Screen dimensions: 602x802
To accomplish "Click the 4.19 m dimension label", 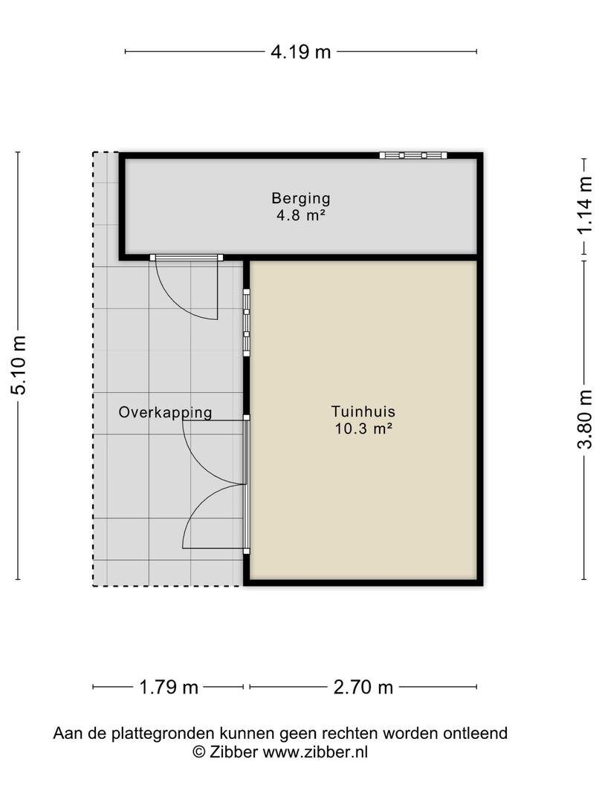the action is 301,52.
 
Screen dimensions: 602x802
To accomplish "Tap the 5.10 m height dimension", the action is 19,365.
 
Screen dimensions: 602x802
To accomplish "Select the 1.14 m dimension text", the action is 585,206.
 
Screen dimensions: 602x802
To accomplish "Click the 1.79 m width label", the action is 169,687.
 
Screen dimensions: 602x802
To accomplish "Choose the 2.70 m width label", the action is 363,687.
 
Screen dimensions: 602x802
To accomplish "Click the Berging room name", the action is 301,198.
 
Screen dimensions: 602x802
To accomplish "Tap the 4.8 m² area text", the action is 301,215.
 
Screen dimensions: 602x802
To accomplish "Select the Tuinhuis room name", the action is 363,411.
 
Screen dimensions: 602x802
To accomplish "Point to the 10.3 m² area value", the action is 363,428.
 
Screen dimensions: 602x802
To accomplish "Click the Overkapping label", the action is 165,412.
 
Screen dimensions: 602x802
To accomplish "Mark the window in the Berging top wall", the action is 413,155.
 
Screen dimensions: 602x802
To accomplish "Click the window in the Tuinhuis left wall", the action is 246,322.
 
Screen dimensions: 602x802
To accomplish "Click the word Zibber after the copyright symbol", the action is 233,752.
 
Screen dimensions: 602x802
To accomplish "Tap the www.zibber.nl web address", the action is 315,752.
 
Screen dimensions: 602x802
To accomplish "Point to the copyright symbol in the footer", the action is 199,752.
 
